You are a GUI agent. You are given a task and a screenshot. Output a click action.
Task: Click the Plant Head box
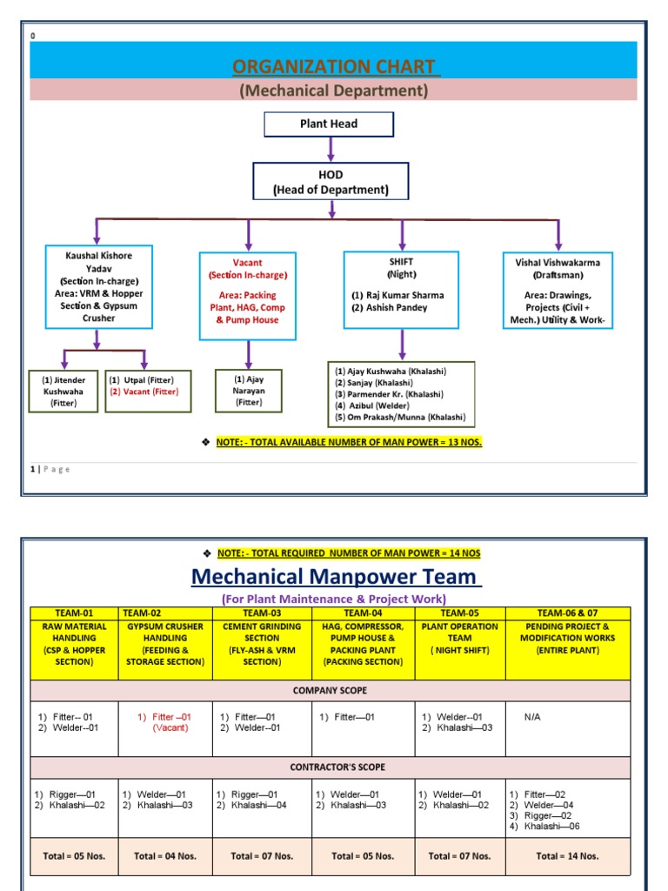coord(329,124)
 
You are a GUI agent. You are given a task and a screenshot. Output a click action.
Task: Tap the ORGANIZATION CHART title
coord(335,67)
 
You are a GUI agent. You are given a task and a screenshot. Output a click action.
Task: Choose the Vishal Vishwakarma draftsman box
coord(558,290)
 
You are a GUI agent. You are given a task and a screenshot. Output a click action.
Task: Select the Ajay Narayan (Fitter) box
coord(249,391)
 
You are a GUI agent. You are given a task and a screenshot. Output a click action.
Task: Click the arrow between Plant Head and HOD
coord(329,150)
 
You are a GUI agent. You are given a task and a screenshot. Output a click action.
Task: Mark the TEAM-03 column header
coord(262,613)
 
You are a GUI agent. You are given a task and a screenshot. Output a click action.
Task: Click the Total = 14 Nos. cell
coord(567,855)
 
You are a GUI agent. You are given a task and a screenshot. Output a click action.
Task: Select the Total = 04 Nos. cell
coord(164,855)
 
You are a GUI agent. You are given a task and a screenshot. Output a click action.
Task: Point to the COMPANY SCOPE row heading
coord(330,690)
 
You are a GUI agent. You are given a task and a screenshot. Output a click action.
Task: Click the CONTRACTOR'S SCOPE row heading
coord(330,767)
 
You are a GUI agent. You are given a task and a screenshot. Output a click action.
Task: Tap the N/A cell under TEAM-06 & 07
coord(533,717)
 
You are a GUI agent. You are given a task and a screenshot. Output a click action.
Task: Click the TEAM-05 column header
coord(459,613)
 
